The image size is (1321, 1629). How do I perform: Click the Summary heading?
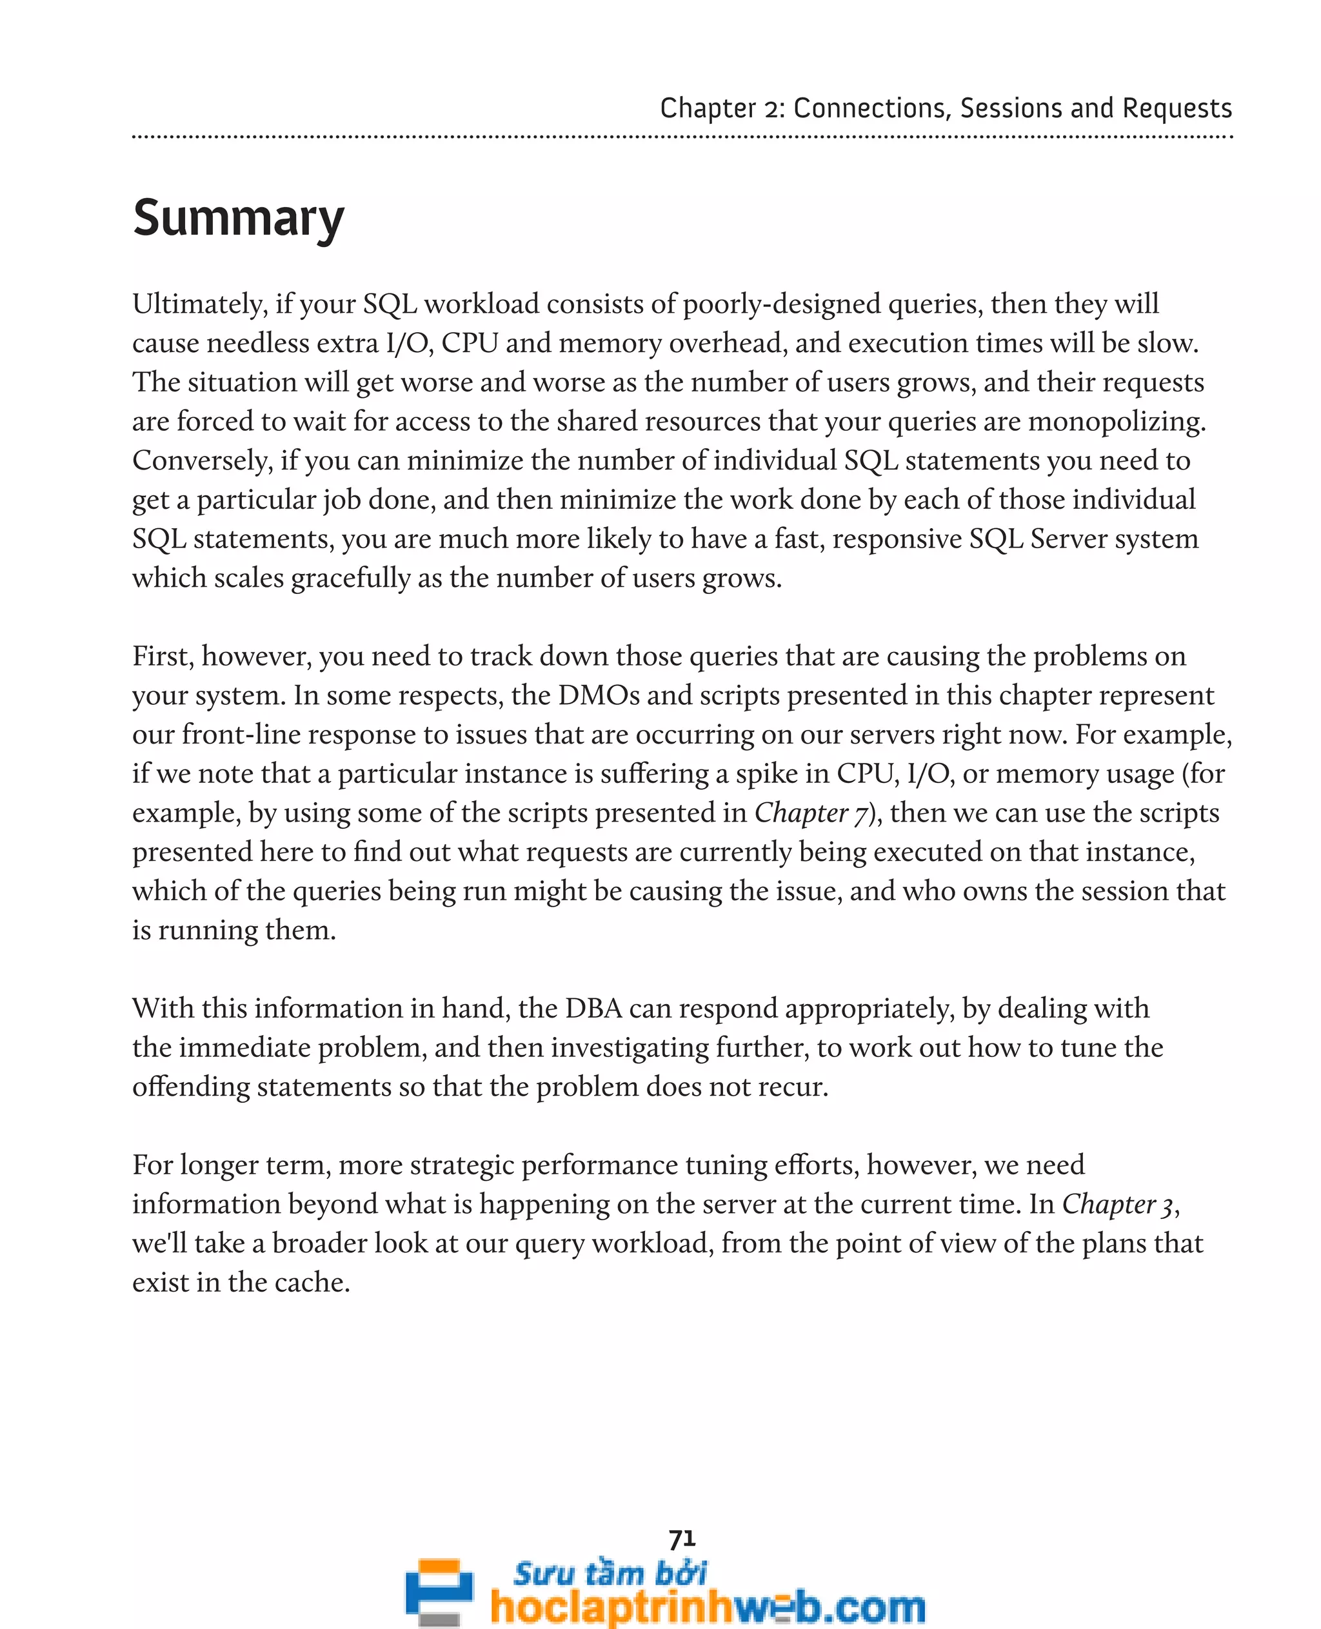click(x=238, y=219)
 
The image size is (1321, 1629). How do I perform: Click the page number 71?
click(x=682, y=1539)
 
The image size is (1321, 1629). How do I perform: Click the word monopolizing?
click(x=1117, y=422)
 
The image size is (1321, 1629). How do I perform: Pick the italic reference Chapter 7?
click(x=811, y=813)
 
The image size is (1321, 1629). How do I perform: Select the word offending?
click(x=191, y=1087)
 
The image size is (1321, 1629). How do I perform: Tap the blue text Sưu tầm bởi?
click(x=610, y=1574)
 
